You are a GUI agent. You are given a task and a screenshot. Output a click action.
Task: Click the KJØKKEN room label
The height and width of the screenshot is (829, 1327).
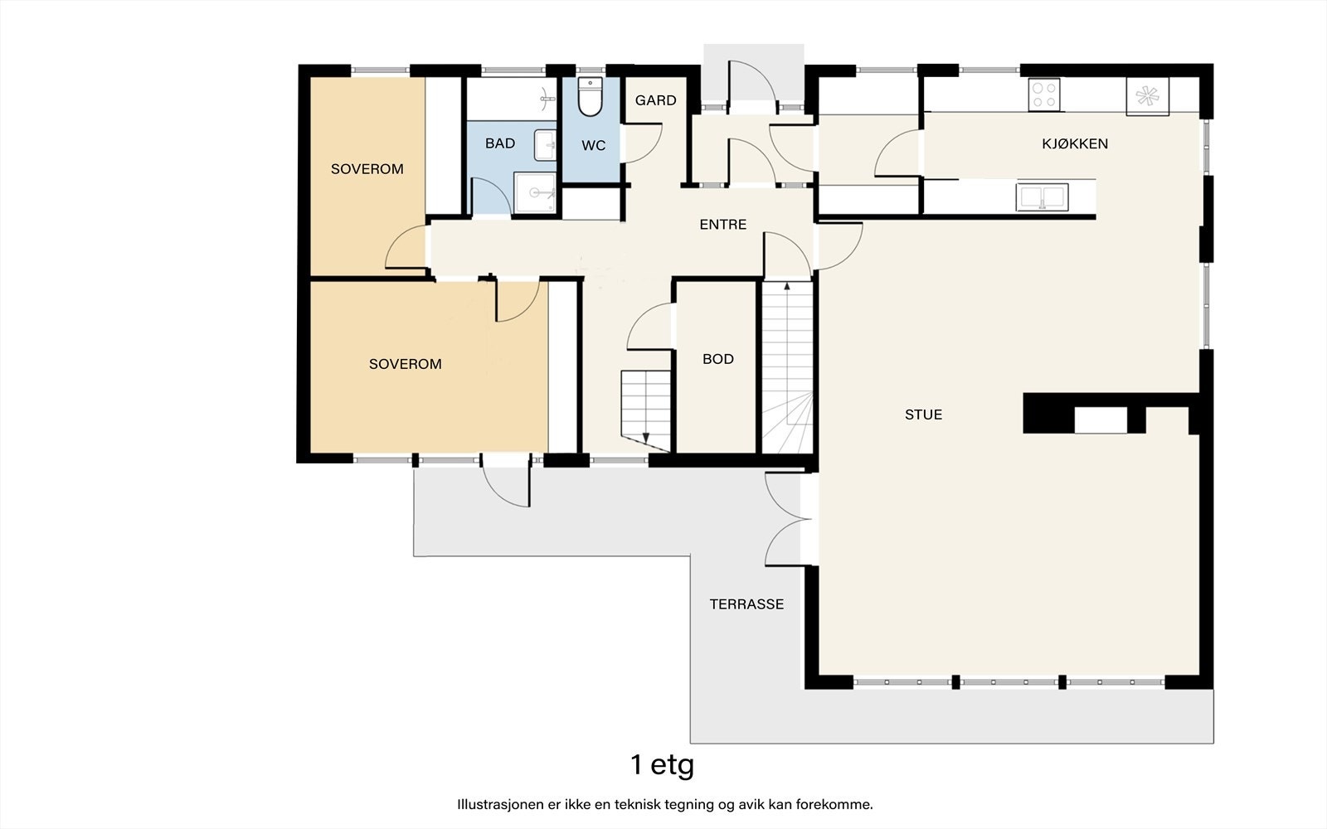tap(1075, 143)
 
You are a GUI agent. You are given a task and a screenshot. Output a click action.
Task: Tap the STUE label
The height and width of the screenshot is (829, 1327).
tap(923, 414)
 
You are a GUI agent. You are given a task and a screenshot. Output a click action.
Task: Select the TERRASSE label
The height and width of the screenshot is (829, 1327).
tap(746, 604)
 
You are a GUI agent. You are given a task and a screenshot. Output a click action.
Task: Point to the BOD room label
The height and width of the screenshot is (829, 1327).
tap(718, 359)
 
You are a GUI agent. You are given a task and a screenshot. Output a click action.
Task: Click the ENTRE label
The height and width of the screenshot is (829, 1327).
tap(722, 225)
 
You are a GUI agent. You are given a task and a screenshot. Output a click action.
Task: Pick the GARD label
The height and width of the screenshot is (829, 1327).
tap(655, 100)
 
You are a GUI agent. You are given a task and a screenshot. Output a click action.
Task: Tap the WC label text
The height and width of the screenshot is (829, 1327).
tap(594, 146)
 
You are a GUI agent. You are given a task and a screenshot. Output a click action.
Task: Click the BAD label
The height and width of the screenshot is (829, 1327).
tap(500, 143)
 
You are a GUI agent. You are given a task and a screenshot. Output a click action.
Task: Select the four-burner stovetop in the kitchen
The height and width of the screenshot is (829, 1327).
tap(1044, 95)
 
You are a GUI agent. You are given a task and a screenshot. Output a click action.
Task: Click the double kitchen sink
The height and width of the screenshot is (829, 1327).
tap(1042, 197)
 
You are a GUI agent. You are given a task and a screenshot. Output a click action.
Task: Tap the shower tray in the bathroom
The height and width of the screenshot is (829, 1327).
tap(535, 192)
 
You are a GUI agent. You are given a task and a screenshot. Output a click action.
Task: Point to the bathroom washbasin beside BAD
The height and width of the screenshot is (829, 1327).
tap(545, 146)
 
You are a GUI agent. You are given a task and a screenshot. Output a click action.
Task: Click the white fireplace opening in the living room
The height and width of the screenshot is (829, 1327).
tap(1101, 420)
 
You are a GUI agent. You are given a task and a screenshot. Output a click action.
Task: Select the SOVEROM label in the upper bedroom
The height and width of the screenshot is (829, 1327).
tap(367, 169)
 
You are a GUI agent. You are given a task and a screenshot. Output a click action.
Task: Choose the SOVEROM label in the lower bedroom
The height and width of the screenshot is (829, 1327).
tap(406, 364)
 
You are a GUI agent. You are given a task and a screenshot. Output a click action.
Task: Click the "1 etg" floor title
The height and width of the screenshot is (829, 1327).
tap(663, 765)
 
